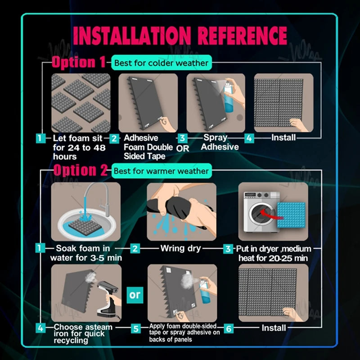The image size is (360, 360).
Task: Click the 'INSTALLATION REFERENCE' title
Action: (180, 36)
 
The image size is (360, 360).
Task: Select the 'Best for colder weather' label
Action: (162, 63)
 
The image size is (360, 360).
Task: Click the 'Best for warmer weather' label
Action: (162, 171)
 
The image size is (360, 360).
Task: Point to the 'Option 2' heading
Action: (81, 170)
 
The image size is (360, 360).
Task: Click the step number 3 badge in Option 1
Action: (182, 138)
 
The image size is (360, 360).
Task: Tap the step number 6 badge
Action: (229, 328)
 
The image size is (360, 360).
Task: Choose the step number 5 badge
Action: (136, 328)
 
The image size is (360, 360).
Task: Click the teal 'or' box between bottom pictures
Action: (135, 295)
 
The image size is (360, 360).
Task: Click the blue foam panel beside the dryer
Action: (291, 215)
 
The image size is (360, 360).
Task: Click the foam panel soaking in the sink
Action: (85, 227)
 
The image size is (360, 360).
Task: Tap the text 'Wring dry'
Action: (181, 248)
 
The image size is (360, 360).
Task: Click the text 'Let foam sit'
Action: (77, 138)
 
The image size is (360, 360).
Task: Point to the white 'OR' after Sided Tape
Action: (183, 148)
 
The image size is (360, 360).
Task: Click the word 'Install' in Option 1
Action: (283, 137)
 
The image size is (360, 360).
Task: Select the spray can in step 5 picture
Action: (204, 291)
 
